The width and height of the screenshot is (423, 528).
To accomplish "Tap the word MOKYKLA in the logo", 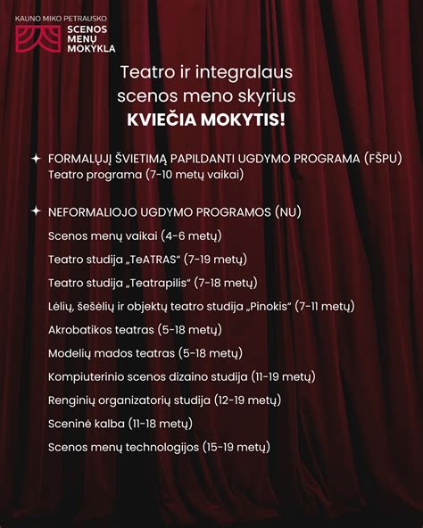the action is coord(91,47).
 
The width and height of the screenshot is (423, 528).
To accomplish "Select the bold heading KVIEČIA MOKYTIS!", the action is coord(211,119).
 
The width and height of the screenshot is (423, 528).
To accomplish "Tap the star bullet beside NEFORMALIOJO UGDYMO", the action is coord(36,212).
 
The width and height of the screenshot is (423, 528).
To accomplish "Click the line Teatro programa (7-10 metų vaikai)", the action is coord(145,175).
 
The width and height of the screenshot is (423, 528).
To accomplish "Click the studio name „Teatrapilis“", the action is coord(159,283).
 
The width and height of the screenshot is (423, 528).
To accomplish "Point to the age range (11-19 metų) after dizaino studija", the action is coord(299,376).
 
